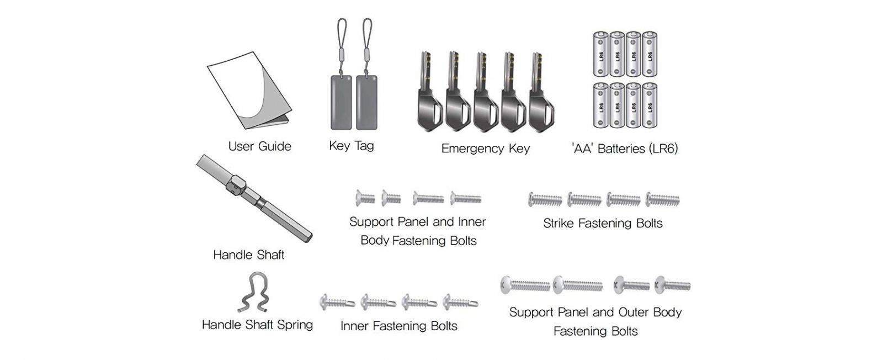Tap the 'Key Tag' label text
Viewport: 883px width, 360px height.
tap(351, 146)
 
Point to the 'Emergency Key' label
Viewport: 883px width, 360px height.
tap(485, 149)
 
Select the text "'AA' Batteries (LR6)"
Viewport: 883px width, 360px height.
tap(624, 149)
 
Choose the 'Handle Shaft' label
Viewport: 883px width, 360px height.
tap(248, 255)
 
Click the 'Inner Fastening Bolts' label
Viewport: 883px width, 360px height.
tap(398, 326)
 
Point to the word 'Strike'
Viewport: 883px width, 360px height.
tap(558, 223)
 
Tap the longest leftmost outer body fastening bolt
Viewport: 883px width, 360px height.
tap(525, 285)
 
